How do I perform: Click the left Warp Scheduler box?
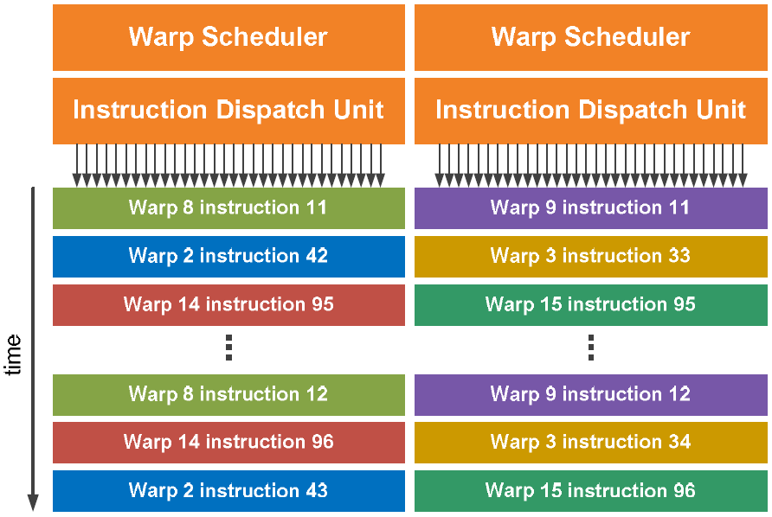[x=228, y=37]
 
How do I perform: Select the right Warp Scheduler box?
[x=591, y=37]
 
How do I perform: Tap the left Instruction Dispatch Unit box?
[x=228, y=111]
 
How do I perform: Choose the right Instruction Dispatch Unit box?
[x=591, y=111]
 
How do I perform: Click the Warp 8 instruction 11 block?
[x=228, y=208]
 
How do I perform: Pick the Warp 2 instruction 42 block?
[x=228, y=256]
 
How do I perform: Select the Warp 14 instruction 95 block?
[x=228, y=304]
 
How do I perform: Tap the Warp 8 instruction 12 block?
[x=228, y=394]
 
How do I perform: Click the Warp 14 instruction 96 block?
[x=228, y=443]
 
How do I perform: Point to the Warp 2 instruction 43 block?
[x=228, y=491]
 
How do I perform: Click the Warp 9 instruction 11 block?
[x=591, y=208]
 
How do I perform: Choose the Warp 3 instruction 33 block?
[x=591, y=256]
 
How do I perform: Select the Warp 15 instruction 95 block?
[x=591, y=304]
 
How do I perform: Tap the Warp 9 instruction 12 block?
[x=591, y=394]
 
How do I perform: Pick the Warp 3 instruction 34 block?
[x=591, y=443]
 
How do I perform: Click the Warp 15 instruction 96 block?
[x=591, y=491]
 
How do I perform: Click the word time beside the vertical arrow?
[x=13, y=354]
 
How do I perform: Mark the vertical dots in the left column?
[x=229, y=348]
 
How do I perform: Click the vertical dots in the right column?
[x=591, y=348]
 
